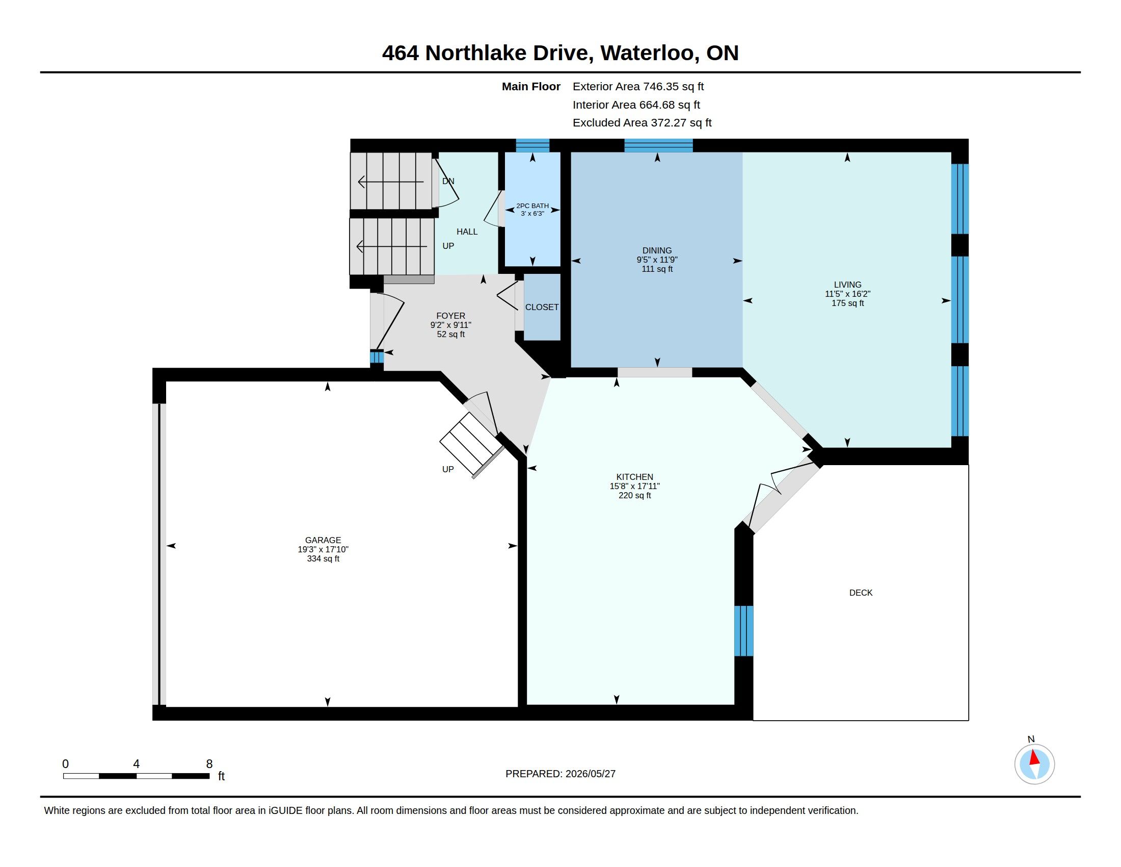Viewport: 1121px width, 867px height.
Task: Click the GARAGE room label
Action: [x=323, y=540]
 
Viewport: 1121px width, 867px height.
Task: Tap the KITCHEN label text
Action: [x=634, y=477]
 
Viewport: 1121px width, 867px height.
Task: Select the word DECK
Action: [x=861, y=593]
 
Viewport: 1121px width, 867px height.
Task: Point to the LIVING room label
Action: [x=847, y=285]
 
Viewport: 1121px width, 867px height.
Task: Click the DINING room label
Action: [x=657, y=250]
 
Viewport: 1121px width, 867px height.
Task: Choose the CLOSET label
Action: [x=542, y=307]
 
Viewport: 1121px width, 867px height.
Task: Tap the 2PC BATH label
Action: [x=532, y=206]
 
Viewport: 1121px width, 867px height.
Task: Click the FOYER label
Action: [x=450, y=316]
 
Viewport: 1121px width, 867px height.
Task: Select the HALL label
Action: [x=467, y=232]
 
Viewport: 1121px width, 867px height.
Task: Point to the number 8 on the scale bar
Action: [x=209, y=764]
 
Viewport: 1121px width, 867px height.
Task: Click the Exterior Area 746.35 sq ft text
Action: [x=638, y=86]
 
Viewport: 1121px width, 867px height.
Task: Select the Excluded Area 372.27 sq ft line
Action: [x=642, y=123]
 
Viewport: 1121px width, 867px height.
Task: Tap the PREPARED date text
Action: [x=560, y=774]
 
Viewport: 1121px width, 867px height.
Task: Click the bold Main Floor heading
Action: [x=531, y=86]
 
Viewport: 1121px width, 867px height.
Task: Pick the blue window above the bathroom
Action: [x=532, y=145]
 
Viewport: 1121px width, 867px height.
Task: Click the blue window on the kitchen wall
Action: [x=744, y=631]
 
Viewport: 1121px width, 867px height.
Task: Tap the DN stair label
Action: [x=448, y=181]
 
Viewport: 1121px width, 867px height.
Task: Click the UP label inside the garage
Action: [x=447, y=469]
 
